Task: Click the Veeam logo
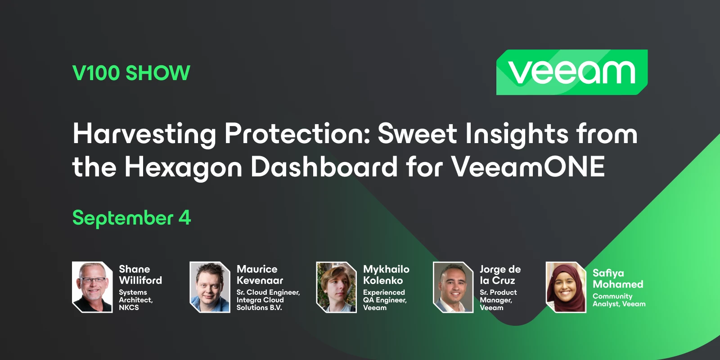(x=571, y=72)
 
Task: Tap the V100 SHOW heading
(x=131, y=73)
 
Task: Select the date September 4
(x=131, y=218)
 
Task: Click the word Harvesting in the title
(x=144, y=134)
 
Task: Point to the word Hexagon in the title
(x=183, y=167)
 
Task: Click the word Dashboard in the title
(x=324, y=166)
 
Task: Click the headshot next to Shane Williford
(x=92, y=287)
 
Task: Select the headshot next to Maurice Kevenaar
(x=210, y=287)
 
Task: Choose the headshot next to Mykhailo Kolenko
(x=336, y=287)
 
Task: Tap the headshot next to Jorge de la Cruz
(x=453, y=287)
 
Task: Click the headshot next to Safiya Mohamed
(x=566, y=287)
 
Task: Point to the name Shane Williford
(x=140, y=274)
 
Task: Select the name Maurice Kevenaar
(x=260, y=274)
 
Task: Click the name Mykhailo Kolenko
(x=386, y=274)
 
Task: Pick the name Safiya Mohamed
(x=617, y=279)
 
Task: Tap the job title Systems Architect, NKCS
(x=135, y=300)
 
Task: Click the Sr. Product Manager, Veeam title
(x=498, y=300)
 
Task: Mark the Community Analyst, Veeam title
(x=619, y=300)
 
